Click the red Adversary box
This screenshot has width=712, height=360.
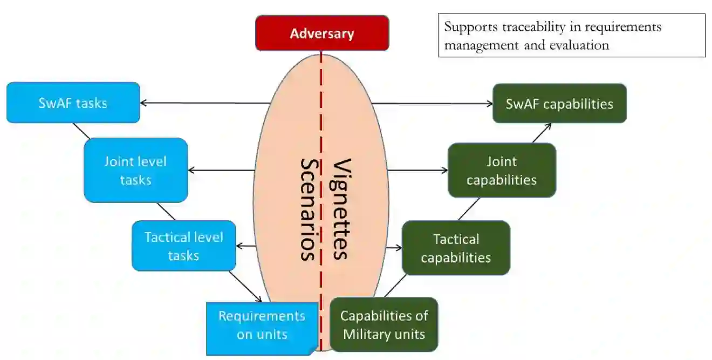point(321,33)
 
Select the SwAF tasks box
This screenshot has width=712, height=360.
point(73,103)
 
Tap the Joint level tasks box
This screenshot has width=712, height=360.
point(135,170)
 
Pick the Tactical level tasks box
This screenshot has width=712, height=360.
point(183,246)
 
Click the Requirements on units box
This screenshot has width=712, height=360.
point(261,325)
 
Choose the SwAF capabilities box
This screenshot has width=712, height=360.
point(559,103)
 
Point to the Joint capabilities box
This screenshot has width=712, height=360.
point(501,170)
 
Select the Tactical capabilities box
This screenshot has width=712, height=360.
point(456,248)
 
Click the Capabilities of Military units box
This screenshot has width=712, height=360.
point(384,325)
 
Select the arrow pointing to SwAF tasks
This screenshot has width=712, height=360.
point(205,103)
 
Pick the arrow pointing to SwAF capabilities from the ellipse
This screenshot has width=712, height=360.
point(432,103)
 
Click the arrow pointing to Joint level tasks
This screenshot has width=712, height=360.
point(221,171)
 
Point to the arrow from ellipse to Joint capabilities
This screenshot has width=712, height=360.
point(417,171)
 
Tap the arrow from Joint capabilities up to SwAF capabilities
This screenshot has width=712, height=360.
point(542,133)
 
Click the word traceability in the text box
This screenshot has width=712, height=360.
point(531,27)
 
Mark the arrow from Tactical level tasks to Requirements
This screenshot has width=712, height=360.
point(245,286)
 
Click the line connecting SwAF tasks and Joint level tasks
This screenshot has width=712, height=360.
point(81,131)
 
